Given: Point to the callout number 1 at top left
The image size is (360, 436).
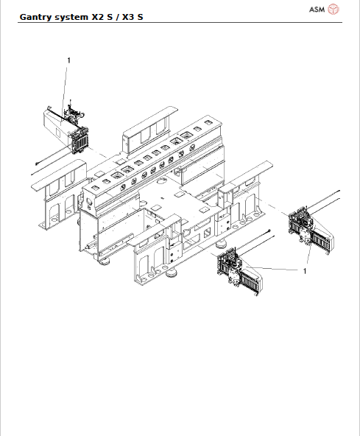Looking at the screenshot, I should [x=68, y=60].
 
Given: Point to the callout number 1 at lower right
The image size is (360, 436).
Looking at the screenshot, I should [x=304, y=271].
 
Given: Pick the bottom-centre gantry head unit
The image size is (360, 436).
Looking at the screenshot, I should [x=238, y=272].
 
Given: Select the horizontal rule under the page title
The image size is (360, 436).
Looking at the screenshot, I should [x=180, y=22].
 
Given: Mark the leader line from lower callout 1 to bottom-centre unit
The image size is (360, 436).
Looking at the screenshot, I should [x=272, y=270].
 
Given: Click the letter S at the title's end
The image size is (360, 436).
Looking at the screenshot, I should [x=140, y=15].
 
